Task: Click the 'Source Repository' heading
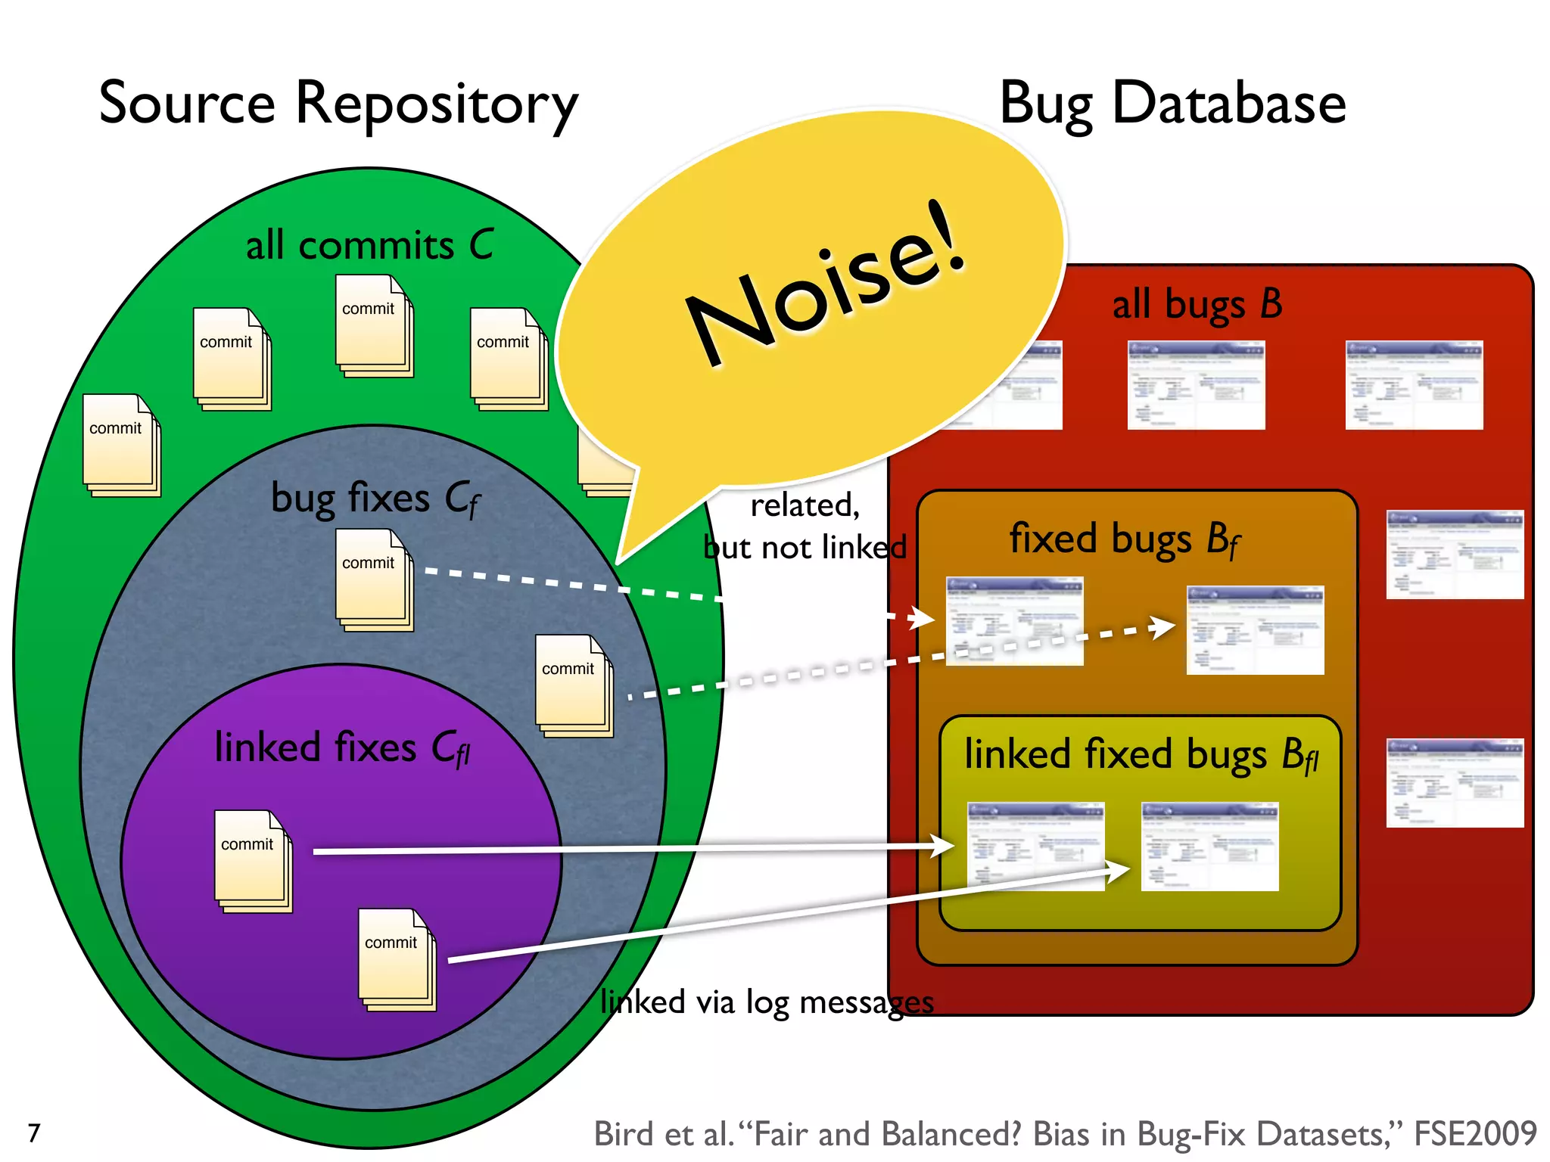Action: click(338, 104)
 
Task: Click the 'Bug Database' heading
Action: click(1172, 104)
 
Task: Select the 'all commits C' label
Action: click(369, 246)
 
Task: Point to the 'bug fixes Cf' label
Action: click(375, 499)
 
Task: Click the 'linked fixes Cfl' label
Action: click(342, 748)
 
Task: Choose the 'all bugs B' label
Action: click(1197, 304)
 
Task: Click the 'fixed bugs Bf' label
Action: click(1124, 539)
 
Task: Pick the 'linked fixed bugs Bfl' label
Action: click(1141, 755)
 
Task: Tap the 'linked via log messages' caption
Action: click(767, 1002)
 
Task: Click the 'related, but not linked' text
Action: click(805, 526)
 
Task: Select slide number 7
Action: click(34, 1132)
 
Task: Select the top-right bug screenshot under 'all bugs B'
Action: click(1413, 385)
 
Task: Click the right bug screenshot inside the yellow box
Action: click(1209, 847)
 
